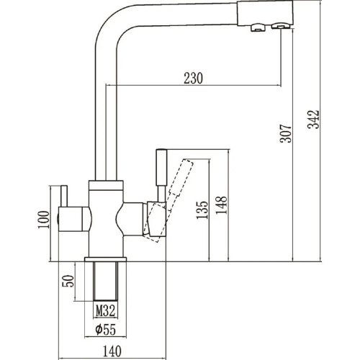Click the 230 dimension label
193,78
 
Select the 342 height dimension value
314,120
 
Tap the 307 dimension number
286,133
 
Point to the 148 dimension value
221,205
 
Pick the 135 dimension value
202,210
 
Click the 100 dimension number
44,220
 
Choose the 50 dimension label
68,281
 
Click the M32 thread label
106,311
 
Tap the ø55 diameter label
106,329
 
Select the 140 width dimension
112,351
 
